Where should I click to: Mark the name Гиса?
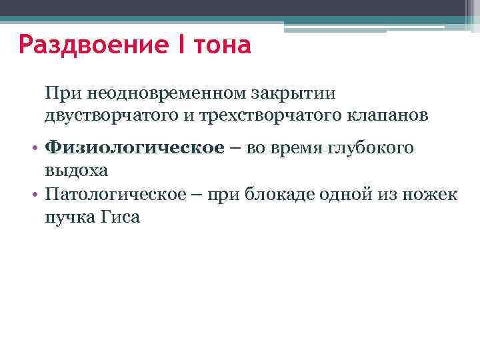click(121, 217)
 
